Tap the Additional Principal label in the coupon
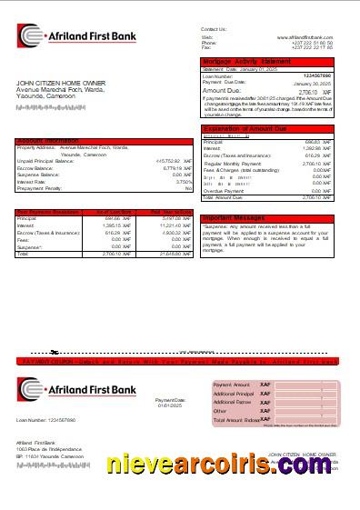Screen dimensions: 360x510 pos(232,393)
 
